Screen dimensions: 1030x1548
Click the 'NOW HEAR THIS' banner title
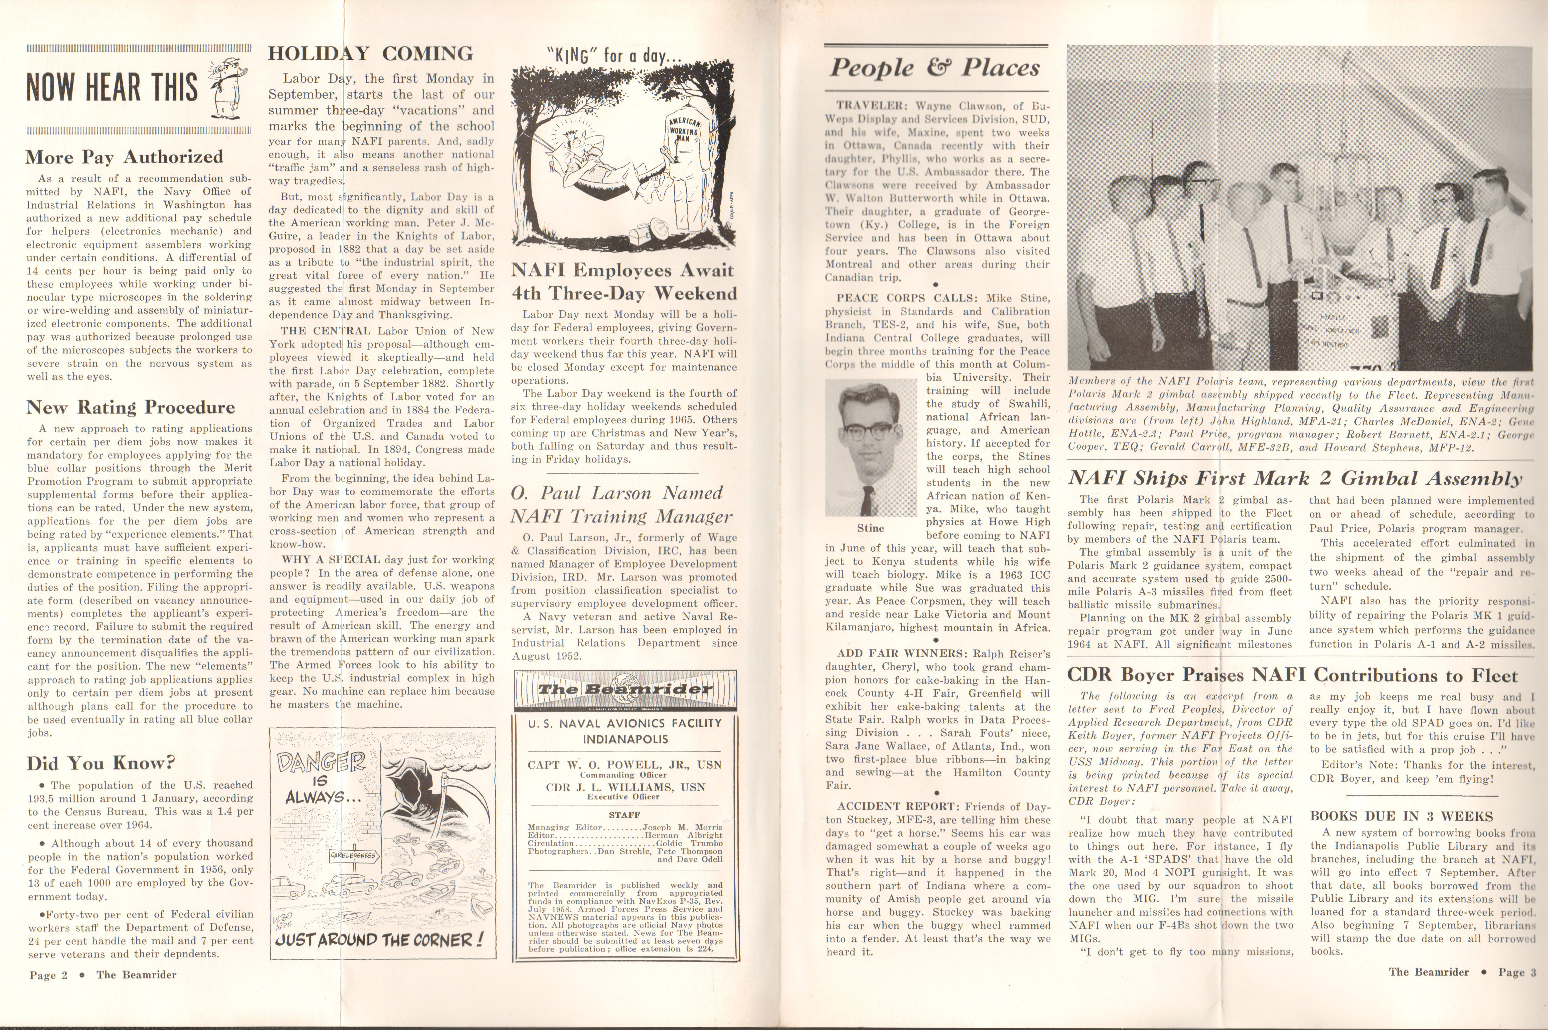tap(112, 87)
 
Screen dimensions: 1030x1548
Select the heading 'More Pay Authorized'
tap(124, 157)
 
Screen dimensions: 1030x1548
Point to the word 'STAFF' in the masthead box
tap(624, 815)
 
